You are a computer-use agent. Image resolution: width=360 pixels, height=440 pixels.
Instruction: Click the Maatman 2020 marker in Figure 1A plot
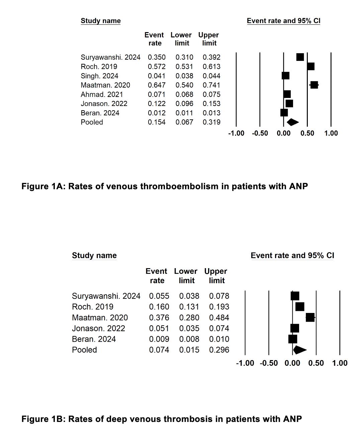[x=314, y=85]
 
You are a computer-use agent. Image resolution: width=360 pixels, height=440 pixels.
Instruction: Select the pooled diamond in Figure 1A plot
[x=293, y=122]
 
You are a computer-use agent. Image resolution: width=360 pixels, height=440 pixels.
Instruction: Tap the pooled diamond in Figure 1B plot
[x=300, y=350]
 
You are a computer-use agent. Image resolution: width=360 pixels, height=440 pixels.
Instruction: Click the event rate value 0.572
[x=157, y=67]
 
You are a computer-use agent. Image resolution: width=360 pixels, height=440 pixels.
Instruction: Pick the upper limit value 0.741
[x=211, y=85]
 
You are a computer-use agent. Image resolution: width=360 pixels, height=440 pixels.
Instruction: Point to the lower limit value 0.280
[x=189, y=318]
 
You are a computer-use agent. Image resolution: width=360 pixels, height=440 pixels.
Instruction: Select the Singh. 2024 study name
[x=99, y=76]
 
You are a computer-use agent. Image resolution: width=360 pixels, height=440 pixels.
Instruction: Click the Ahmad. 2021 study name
[x=102, y=95]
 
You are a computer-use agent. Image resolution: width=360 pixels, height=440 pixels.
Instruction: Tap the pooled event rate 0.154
[x=157, y=122]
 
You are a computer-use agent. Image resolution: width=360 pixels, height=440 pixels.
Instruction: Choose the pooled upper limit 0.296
[x=219, y=350]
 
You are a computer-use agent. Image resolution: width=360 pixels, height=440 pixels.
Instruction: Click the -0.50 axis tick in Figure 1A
[x=260, y=133]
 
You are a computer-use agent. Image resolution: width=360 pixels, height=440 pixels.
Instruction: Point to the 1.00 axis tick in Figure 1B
[x=340, y=363]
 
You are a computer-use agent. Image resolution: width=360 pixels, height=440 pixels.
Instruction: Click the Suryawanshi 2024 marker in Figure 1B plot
[x=295, y=296]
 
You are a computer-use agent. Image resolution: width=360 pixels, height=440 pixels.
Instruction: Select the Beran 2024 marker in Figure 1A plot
[x=284, y=113]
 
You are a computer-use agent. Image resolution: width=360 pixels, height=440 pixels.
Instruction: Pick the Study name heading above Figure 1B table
[x=94, y=255]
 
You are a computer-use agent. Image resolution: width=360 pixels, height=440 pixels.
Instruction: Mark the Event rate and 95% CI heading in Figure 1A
[x=284, y=21]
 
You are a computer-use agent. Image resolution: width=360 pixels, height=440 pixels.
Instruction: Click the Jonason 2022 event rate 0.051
[x=159, y=328]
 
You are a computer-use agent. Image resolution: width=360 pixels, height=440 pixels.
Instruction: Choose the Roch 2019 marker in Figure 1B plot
[x=300, y=307]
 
